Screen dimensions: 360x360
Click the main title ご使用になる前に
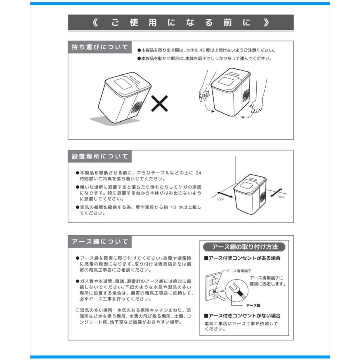[180, 23]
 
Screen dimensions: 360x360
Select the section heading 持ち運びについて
[100, 48]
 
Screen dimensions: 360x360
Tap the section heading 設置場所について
[100, 156]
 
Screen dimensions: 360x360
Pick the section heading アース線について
[100, 242]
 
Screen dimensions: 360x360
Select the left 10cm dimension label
[220, 199]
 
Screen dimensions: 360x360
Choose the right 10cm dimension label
[280, 197]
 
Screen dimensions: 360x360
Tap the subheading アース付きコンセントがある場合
[242, 258]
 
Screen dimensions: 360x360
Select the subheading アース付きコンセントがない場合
[242, 316]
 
